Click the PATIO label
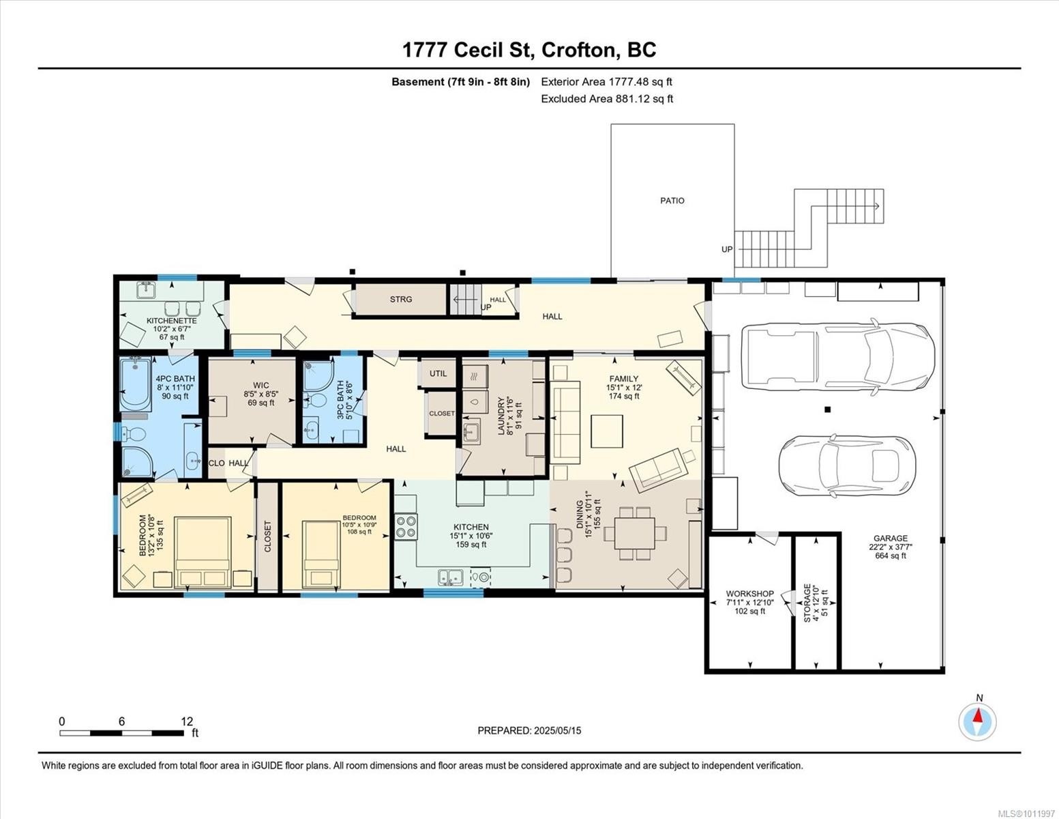[672, 201]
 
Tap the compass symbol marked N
[978, 721]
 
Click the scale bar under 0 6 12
[121, 733]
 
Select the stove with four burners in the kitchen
[406, 527]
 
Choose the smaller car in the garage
[848, 465]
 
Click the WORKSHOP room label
[749, 594]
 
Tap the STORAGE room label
[807, 603]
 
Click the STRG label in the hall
[401, 299]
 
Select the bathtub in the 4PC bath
[135, 384]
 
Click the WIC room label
[260, 386]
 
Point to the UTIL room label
[438, 373]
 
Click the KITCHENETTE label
[171, 321]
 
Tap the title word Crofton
[579, 50]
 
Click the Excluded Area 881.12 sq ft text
[607, 99]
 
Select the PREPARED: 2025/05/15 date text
[529, 730]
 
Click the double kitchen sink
[450, 577]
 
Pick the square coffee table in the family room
[606, 431]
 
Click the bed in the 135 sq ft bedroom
[203, 552]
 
